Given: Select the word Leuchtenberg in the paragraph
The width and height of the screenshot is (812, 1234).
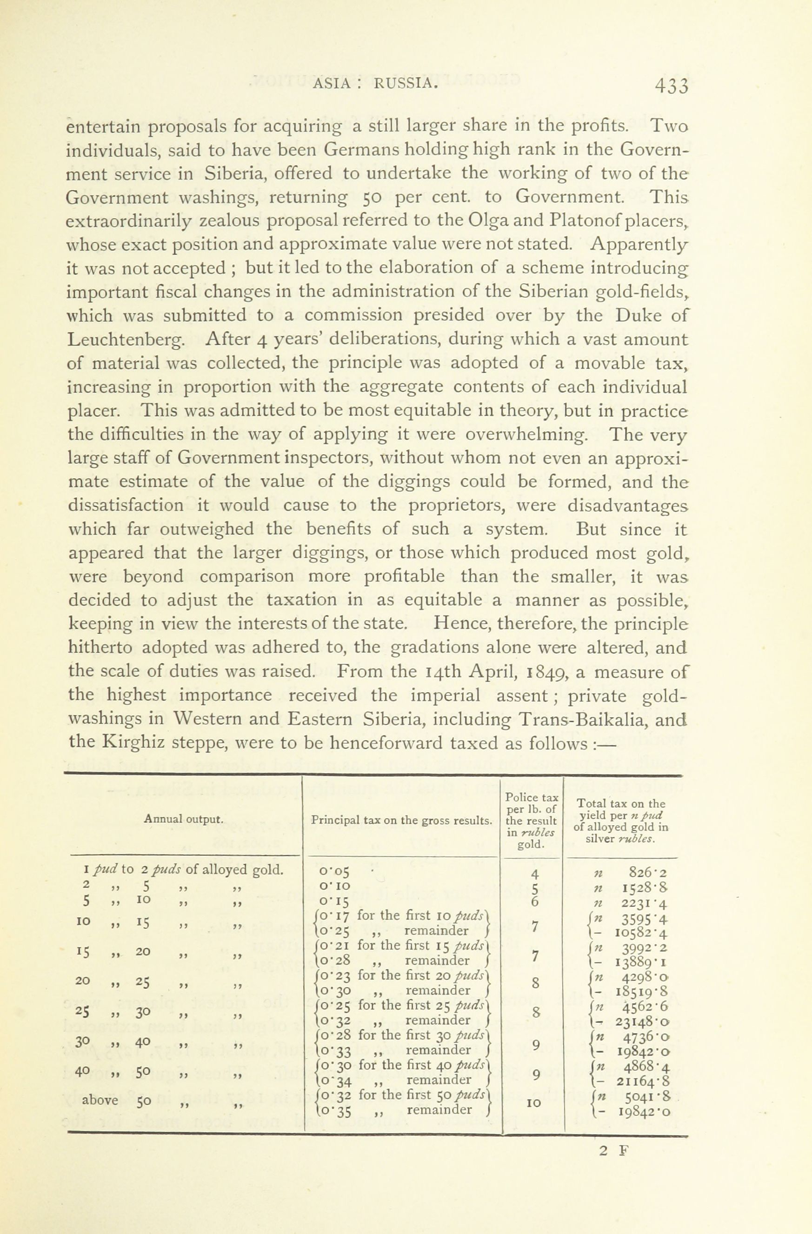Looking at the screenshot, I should [125, 340].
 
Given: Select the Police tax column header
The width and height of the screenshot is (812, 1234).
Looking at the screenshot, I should [532, 821].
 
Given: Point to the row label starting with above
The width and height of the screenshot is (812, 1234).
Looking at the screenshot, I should [100, 1100].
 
